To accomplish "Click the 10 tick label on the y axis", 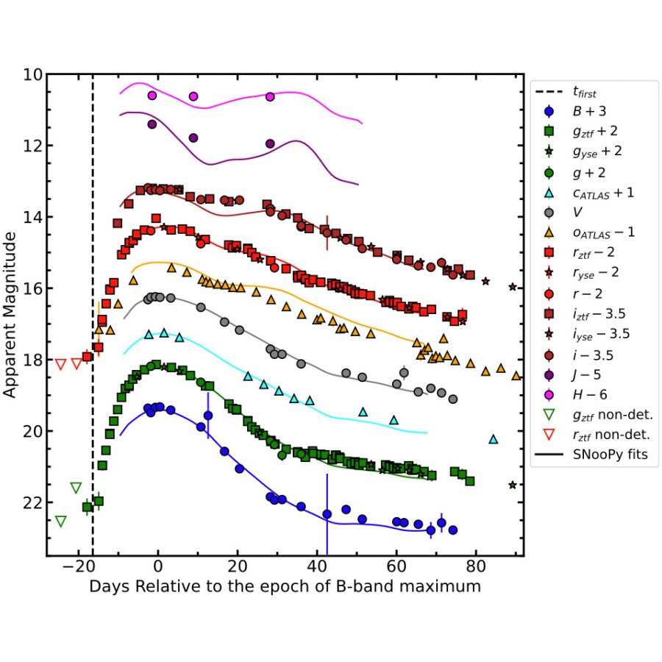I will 32,75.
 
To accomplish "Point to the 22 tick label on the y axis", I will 32,503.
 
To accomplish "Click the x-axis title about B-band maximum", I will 285,587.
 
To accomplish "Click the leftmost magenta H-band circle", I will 152,96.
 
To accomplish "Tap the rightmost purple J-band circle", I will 270,143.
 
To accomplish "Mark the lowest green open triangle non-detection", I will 60,522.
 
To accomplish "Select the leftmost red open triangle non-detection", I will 60,364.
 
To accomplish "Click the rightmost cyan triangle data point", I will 494,439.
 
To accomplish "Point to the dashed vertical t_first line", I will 93,294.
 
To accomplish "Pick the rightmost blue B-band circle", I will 453,530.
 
